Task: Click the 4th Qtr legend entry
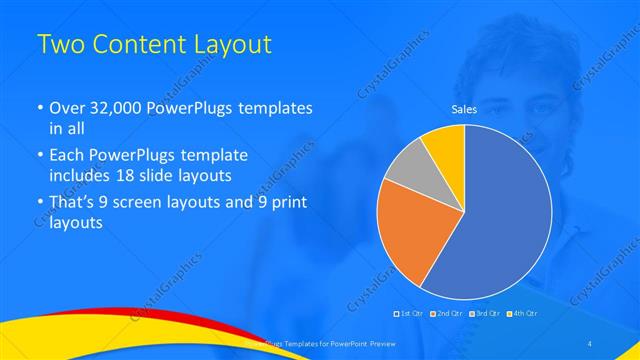pos(526,314)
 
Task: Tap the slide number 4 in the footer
pos(590,344)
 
